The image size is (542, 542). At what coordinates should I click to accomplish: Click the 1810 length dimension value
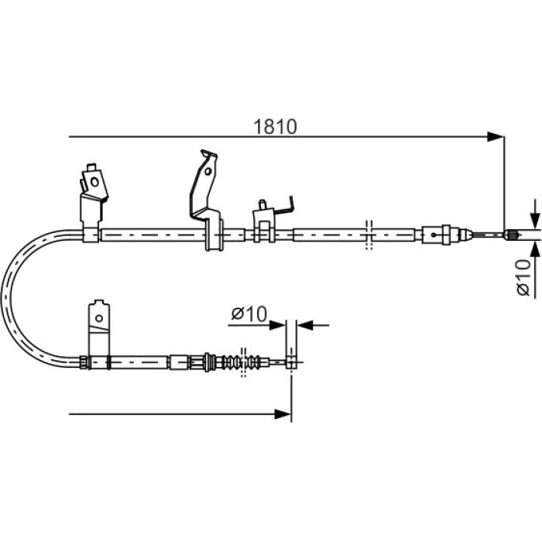coord(275,127)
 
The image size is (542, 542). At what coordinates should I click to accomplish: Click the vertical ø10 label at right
coord(523,277)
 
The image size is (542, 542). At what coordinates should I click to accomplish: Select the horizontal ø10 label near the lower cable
coord(249,314)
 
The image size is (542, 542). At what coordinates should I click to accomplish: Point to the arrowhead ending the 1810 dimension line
coord(495,136)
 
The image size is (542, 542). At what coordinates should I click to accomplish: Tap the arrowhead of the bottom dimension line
coord(283,413)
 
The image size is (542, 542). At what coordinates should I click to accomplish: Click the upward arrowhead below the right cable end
coord(535,249)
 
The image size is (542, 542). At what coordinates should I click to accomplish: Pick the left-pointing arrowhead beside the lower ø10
coord(305,325)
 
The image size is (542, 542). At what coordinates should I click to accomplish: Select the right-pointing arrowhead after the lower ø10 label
coord(277,325)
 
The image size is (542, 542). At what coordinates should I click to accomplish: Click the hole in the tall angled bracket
coord(208,171)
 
